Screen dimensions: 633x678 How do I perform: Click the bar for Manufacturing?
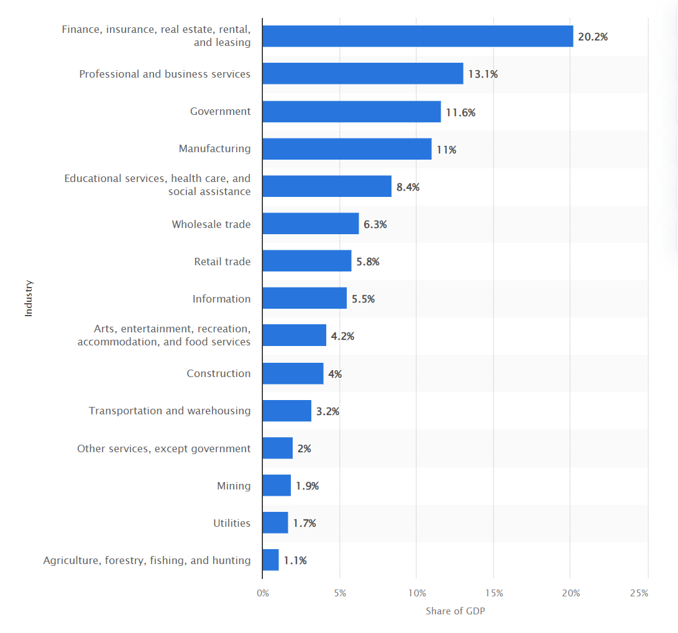pyautogui.click(x=347, y=149)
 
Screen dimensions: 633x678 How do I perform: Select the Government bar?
pyautogui.click(x=351, y=112)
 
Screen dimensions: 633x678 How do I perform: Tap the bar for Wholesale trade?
pyautogui.click(x=310, y=224)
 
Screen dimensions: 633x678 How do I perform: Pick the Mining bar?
pyautogui.click(x=277, y=485)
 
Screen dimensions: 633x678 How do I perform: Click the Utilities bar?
pyautogui.click(x=275, y=522)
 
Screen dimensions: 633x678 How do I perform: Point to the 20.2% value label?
pyautogui.click(x=593, y=37)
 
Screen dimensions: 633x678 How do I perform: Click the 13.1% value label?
pyautogui.click(x=483, y=74)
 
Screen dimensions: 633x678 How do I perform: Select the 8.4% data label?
pyautogui.click(x=408, y=186)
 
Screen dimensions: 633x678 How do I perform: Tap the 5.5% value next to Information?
pyautogui.click(x=363, y=299)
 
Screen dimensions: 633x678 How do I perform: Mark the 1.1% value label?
pyautogui.click(x=295, y=560)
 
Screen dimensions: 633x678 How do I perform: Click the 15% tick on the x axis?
pyautogui.click(x=493, y=593)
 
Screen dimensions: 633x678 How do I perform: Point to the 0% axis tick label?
pyautogui.click(x=263, y=593)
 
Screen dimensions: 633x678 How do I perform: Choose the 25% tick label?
pyautogui.click(x=639, y=593)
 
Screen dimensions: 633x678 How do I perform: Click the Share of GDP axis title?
pyautogui.click(x=455, y=611)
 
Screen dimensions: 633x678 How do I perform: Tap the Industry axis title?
pyautogui.click(x=29, y=298)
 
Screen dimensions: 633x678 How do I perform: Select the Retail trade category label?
pyautogui.click(x=222, y=262)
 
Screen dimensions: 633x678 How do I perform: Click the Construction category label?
pyautogui.click(x=219, y=373)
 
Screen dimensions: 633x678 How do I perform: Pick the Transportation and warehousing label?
pyautogui.click(x=170, y=411)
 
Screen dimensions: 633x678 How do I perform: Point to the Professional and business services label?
pyautogui.click(x=165, y=74)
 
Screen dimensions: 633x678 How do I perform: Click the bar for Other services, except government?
pyautogui.click(x=277, y=448)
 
